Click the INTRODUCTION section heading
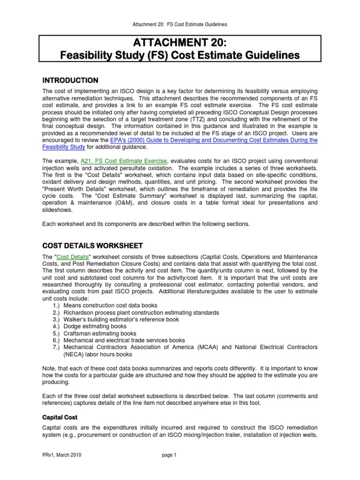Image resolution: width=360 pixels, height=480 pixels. (x=70, y=80)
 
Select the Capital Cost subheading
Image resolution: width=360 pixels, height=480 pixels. (x=60, y=417)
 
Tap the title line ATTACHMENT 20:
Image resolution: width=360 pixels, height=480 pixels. (x=180, y=44)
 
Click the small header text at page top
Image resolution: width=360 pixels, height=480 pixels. (x=180, y=24)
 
